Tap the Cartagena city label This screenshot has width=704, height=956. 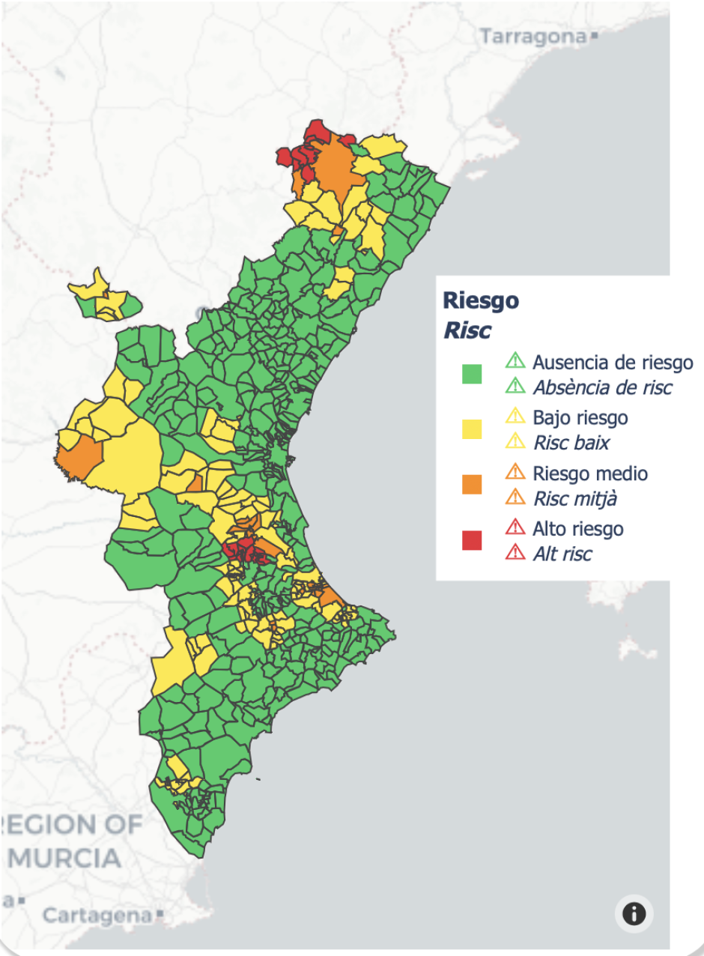coord(97,915)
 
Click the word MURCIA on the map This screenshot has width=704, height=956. coord(64,857)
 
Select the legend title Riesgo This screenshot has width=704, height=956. coord(480,300)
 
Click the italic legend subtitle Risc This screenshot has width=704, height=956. coord(467,330)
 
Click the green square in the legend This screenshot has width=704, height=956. coord(471,374)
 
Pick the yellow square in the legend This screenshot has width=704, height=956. coord(471,429)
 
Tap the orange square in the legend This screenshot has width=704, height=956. coord(471,485)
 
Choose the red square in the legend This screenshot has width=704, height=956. coord(471,540)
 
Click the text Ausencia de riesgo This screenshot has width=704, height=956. coord(613,363)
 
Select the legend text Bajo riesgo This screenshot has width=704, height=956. coord(580,417)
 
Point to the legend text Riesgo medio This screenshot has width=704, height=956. coord(590,474)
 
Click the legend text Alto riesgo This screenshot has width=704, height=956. coord(577,529)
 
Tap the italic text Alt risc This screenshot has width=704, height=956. coord(562,554)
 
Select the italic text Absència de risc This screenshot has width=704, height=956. coord(602,387)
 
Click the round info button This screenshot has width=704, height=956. coord(634,914)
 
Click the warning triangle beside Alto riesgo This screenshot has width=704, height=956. coord(515,528)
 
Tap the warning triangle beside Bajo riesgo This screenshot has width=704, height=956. coord(515,417)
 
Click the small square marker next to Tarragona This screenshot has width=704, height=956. coord(594,35)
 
